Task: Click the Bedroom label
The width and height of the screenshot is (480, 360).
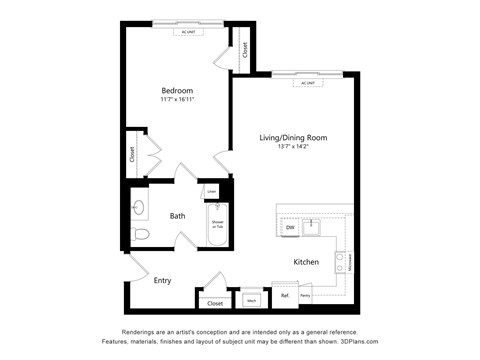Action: (x=177, y=90)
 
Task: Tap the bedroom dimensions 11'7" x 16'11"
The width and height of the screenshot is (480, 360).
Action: (x=177, y=100)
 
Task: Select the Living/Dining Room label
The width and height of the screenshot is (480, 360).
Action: (x=294, y=137)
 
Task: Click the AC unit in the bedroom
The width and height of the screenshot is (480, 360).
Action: (x=187, y=32)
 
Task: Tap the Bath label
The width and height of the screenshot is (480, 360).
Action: (x=177, y=215)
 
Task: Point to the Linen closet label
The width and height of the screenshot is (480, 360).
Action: (x=212, y=190)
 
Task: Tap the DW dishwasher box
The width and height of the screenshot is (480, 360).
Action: (x=290, y=228)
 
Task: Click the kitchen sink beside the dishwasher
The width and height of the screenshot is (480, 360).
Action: (x=312, y=226)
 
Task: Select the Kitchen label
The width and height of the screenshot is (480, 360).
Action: (x=306, y=262)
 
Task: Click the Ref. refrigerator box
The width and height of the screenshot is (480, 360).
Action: (x=285, y=296)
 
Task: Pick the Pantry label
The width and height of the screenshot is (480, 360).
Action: (x=304, y=296)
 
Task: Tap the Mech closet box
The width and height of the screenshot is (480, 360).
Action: (x=251, y=299)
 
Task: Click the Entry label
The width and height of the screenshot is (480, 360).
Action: (x=162, y=280)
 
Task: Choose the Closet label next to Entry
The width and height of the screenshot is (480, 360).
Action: (x=213, y=302)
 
